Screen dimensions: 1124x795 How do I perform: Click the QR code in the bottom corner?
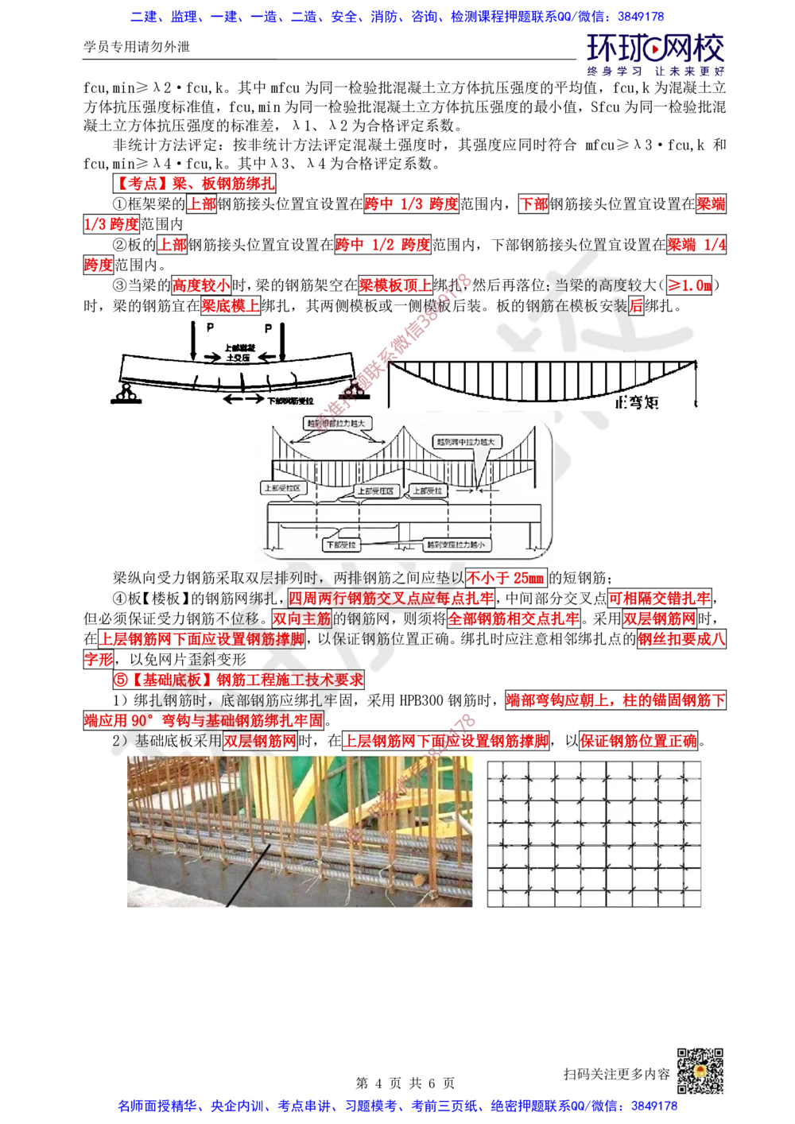pos(699,1071)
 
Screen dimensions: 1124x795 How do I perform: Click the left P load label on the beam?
pos(210,328)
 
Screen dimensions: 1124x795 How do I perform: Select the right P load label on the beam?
pos(268,328)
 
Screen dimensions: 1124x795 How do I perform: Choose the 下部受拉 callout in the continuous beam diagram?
pos(343,545)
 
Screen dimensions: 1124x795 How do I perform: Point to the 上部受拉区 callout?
pos(281,487)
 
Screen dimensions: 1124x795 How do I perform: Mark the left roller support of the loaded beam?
pos(126,391)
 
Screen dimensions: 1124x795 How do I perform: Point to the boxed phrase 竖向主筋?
pos(301,618)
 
